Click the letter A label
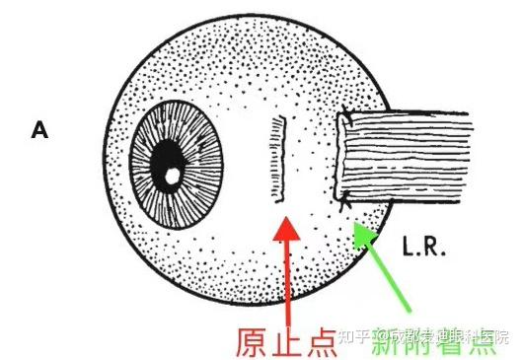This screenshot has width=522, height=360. (39, 129)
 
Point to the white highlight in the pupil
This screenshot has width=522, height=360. (171, 176)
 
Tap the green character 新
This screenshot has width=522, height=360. (387, 340)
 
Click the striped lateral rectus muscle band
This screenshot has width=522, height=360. (424, 155)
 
